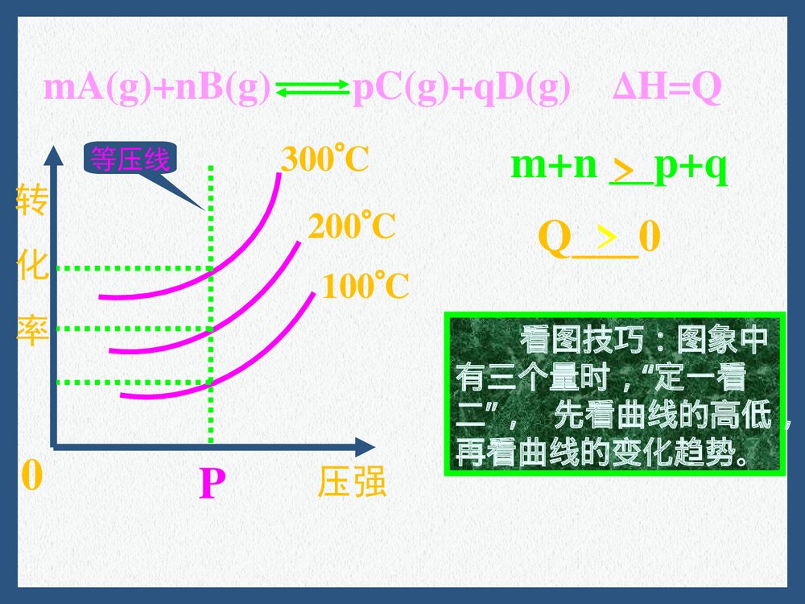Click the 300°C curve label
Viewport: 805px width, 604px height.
point(324,161)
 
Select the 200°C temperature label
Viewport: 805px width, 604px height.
point(352,228)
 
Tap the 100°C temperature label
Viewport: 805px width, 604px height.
point(365,287)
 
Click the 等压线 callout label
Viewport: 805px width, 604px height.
point(130,159)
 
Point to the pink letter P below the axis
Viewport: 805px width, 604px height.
point(212,485)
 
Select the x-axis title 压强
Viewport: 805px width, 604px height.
point(352,482)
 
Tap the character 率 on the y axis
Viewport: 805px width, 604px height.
point(32,331)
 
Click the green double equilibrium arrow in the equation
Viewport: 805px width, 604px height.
point(311,90)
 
